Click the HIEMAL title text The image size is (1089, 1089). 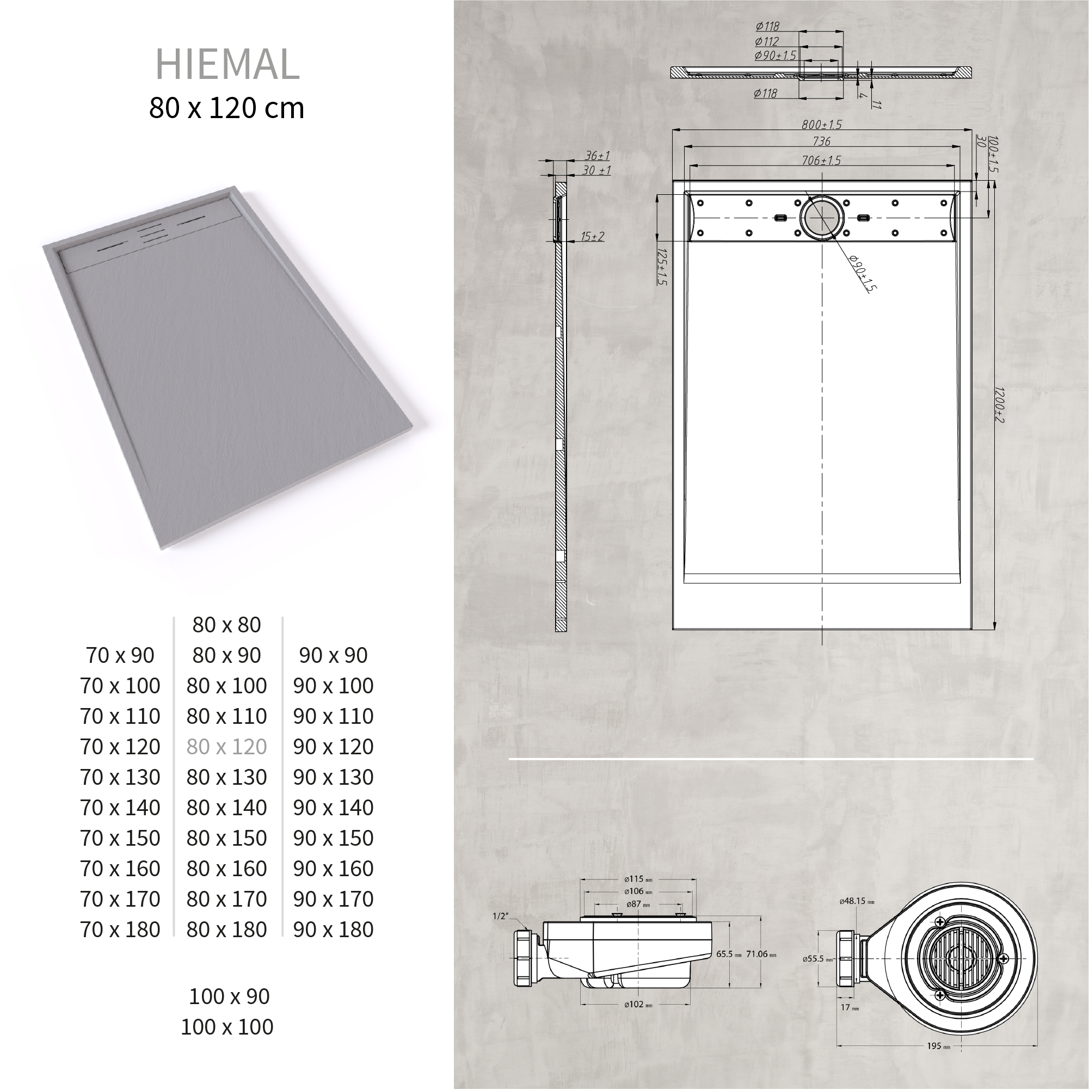(227, 64)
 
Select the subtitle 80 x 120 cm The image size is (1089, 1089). (226, 108)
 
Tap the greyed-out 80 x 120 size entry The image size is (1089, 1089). (226, 746)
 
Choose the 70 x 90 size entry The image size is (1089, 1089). (120, 655)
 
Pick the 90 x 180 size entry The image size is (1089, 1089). (333, 930)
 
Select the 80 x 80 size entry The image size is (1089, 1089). (226, 625)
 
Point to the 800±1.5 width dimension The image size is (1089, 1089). (821, 125)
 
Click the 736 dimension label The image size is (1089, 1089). (821, 141)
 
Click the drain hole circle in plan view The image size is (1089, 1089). (822, 218)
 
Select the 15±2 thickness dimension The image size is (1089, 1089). (593, 237)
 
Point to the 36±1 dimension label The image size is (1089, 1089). (596, 156)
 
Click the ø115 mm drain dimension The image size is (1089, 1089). (637, 879)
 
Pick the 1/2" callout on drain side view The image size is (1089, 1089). (501, 916)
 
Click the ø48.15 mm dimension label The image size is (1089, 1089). (856, 901)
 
